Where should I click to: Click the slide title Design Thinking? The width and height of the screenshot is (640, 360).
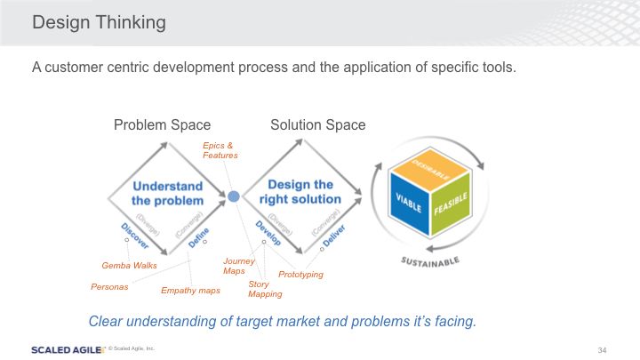pyautogui.click(x=99, y=23)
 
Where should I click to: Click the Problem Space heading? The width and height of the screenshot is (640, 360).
pyautogui.click(x=162, y=125)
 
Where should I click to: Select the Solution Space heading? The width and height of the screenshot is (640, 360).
pyautogui.click(x=318, y=125)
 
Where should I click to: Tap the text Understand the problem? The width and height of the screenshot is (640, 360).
pyautogui.click(x=167, y=193)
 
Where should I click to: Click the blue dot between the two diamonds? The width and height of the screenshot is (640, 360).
pyautogui.click(x=233, y=196)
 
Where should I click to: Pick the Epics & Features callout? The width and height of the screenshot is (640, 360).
pyautogui.click(x=220, y=150)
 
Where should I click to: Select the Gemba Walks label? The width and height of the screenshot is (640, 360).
pyautogui.click(x=129, y=265)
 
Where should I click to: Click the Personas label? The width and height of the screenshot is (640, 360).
pyautogui.click(x=109, y=287)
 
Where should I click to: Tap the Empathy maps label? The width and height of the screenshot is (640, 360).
pyautogui.click(x=191, y=291)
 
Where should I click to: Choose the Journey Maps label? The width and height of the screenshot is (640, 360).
pyautogui.click(x=238, y=266)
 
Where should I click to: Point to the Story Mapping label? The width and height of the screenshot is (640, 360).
pyautogui.click(x=265, y=289)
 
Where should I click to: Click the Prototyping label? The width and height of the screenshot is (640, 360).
pyautogui.click(x=300, y=275)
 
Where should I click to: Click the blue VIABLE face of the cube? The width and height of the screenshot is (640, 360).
pyautogui.click(x=406, y=201)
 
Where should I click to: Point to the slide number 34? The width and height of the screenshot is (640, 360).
pyautogui.click(x=602, y=348)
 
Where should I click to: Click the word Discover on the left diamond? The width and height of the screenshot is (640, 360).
pyautogui.click(x=132, y=235)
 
